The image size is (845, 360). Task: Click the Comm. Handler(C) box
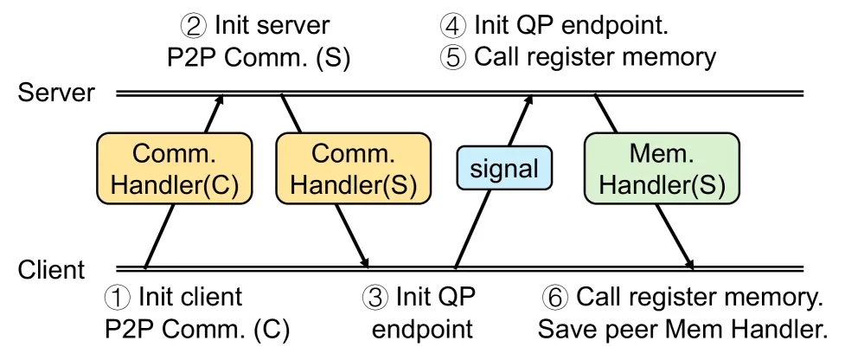[175, 169]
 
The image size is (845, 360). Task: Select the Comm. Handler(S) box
[354, 169]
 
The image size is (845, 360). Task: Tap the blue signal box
[504, 168]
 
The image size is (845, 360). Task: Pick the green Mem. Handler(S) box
[663, 169]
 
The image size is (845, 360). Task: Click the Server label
[56, 93]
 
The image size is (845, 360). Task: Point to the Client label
[52, 269]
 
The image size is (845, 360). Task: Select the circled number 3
[374, 298]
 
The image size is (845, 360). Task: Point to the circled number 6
[554, 298]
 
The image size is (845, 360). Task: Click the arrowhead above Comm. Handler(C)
[220, 100]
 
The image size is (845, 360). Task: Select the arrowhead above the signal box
[528, 100]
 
